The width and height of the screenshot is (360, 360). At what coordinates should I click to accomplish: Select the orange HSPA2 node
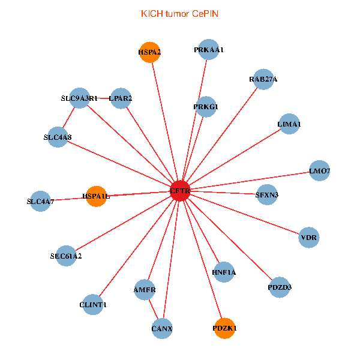click(x=149, y=52)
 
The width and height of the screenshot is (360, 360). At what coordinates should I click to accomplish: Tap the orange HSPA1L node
click(x=96, y=196)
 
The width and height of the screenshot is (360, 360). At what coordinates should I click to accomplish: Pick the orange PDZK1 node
click(x=224, y=328)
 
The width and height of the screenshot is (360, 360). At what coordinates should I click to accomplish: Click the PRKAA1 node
click(x=209, y=50)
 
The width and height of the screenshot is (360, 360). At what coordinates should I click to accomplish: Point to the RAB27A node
click(x=263, y=79)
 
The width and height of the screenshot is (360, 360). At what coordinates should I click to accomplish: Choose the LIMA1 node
click(x=289, y=124)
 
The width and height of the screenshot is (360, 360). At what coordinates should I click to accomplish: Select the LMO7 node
click(x=319, y=171)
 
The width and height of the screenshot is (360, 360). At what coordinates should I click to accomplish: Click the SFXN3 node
click(x=267, y=194)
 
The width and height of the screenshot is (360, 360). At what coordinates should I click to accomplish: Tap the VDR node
click(x=309, y=237)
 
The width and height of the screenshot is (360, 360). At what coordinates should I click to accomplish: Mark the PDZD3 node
click(x=280, y=287)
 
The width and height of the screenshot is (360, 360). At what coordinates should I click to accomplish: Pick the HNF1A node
click(x=224, y=272)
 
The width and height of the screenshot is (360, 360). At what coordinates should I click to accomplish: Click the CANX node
click(x=162, y=328)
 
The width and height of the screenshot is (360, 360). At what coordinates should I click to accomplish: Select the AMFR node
click(x=145, y=289)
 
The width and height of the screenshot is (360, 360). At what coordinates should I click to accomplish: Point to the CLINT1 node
click(x=93, y=305)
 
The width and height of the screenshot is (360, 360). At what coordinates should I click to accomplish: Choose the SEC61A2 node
click(x=66, y=256)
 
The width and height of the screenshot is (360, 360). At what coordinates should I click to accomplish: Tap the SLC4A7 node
click(x=40, y=201)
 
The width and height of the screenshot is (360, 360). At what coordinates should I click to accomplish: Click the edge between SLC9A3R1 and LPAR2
click(x=101, y=98)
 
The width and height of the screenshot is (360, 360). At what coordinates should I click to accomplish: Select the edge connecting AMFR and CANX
click(x=154, y=309)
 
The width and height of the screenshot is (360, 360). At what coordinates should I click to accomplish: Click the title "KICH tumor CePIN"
click(x=179, y=13)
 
